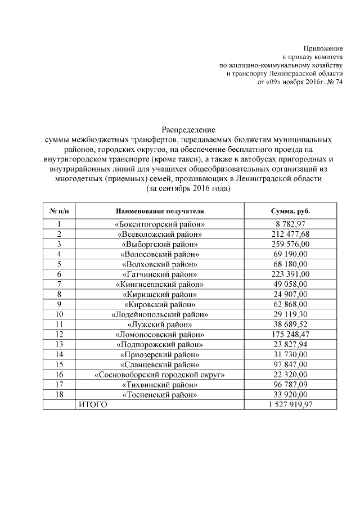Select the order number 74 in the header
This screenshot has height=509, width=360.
point(339,82)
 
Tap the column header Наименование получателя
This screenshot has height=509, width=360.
point(159,210)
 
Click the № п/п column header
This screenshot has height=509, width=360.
point(59,210)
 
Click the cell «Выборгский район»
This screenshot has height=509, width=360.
point(159,244)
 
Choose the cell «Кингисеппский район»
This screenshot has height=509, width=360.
point(159,284)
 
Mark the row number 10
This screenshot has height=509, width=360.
point(59,314)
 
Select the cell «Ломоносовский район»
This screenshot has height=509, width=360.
point(159,334)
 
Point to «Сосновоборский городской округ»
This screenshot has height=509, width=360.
point(159,374)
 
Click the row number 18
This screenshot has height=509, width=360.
point(59,394)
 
